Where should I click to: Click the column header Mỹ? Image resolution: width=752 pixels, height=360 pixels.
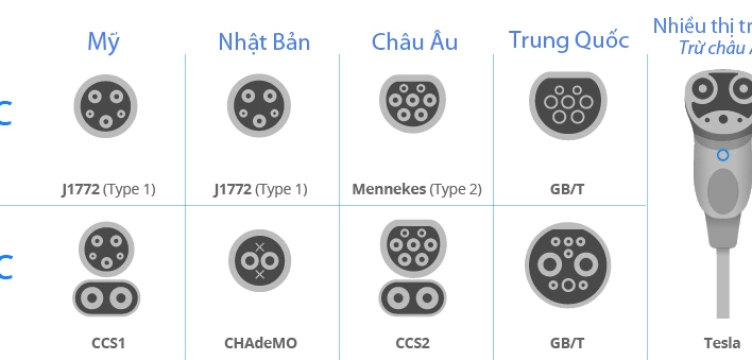(104, 42)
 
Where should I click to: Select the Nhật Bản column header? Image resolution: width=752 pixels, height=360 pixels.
(264, 42)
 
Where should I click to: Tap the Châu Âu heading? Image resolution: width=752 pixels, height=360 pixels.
(415, 42)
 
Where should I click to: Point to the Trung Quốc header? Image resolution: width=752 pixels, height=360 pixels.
(569, 40)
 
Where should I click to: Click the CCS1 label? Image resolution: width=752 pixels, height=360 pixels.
(106, 343)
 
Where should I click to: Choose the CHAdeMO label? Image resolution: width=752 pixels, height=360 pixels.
(260, 343)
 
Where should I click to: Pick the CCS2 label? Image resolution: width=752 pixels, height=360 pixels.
(412, 343)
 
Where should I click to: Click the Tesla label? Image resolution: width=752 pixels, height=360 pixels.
(722, 343)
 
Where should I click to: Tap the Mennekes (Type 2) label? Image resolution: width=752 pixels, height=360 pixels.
(417, 188)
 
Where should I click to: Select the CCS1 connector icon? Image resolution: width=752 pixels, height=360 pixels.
(106, 269)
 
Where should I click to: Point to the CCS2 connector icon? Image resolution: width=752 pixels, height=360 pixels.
(414, 269)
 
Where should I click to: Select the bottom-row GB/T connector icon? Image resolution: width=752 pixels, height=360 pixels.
(568, 265)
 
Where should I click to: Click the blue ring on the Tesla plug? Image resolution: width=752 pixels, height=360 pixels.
(722, 155)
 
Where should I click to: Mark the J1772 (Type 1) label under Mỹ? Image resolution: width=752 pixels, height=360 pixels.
(106, 188)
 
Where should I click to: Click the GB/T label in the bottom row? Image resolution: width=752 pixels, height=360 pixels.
(568, 343)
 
